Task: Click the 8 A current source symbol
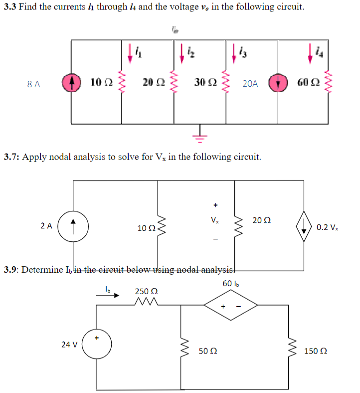coord(70,83)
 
